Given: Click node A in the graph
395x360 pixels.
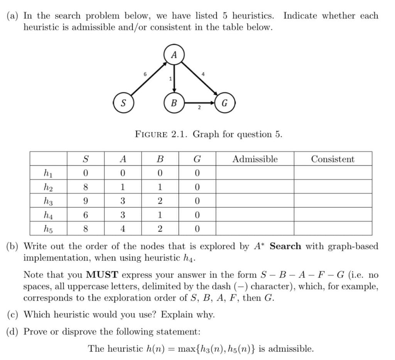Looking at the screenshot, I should coord(174,55).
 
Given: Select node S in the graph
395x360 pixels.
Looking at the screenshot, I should coord(123,103).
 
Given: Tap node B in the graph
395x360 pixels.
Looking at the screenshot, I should coord(174,103).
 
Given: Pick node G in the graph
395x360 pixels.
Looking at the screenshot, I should coord(225,103).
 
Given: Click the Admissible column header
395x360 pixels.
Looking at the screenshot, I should coord(255,159).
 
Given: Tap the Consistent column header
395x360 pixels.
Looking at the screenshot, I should coord(333,159).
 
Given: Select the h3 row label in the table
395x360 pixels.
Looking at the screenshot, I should coord(48,201).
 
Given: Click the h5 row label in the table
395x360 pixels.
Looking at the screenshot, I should coord(48,228).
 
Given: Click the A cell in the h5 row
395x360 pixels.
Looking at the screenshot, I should coord(123,228).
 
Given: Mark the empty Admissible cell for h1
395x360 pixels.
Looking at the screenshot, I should coord(255,173).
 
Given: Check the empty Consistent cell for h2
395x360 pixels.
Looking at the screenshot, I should coord(333,187).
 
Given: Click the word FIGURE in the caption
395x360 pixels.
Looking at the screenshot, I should coord(151,134).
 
